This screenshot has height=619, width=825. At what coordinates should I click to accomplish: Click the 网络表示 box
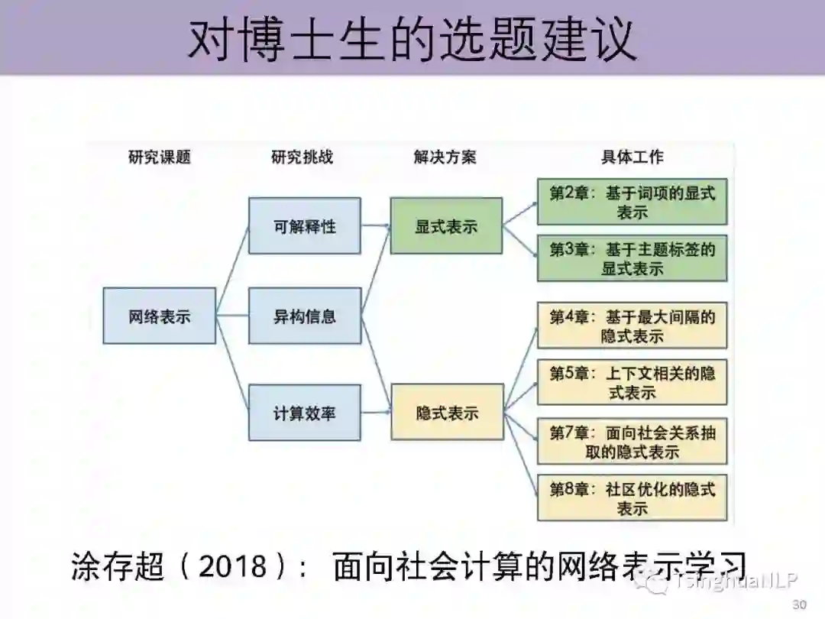(x=159, y=316)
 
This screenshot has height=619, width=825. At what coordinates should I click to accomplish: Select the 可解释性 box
(x=304, y=226)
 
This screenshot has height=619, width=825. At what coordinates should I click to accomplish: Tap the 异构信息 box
(x=304, y=316)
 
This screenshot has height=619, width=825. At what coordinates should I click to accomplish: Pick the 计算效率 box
(x=304, y=413)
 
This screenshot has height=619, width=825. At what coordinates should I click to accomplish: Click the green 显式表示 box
(x=446, y=226)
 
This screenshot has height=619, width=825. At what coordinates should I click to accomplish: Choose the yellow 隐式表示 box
(x=447, y=413)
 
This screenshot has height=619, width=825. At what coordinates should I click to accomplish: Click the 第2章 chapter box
(x=632, y=202)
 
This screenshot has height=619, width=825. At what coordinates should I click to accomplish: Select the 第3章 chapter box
(x=632, y=258)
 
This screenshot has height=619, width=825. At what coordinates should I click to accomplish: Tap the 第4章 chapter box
(x=632, y=326)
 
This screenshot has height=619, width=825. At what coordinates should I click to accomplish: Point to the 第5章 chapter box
(x=632, y=382)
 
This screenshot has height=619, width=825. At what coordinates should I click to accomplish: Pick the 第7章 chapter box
(x=632, y=441)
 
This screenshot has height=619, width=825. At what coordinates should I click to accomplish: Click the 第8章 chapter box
(x=632, y=498)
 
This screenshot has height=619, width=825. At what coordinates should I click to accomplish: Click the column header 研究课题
(x=159, y=157)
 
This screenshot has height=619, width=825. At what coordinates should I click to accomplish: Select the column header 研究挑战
(x=302, y=157)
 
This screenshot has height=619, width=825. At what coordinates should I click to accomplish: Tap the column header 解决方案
(x=445, y=157)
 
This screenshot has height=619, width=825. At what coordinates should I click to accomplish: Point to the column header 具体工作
(x=632, y=157)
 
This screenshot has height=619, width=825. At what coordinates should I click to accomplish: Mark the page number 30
(x=799, y=604)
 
